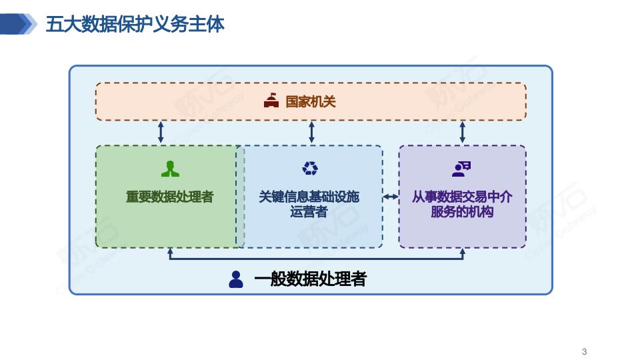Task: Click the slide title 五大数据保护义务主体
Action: pos(135,25)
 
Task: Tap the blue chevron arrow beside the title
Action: pos(19,25)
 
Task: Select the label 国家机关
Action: pos(311,101)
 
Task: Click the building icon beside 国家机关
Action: pos(271,101)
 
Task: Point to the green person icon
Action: pos(170,169)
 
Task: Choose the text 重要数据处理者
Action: pos(170,197)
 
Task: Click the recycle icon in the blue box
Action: pos(310,169)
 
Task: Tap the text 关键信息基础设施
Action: pos(309,197)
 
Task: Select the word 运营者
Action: pos(309,212)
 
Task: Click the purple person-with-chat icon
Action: pos(461,169)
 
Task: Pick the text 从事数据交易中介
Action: pos(462,197)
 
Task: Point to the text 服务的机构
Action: pos(462,212)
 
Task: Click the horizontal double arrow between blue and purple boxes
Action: pos(391,197)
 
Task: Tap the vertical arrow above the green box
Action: pos(161,132)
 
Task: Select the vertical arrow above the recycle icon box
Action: pos(311,132)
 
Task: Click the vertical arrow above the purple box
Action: pos(462,132)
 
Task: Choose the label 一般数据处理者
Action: pos(310,279)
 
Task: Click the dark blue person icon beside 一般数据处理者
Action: pos(236,279)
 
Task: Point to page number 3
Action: pos(585,351)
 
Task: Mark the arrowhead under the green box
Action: pos(170,252)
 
